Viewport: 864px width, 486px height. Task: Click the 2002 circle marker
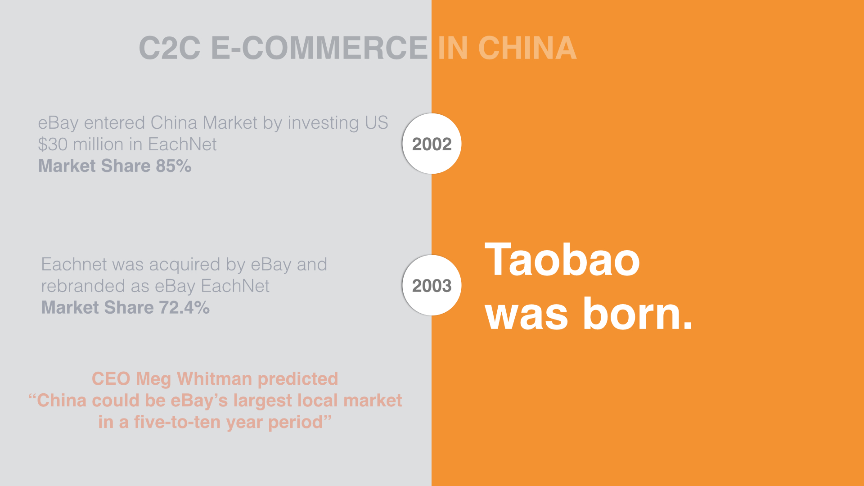[x=432, y=144]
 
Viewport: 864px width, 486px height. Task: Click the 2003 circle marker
[x=432, y=285]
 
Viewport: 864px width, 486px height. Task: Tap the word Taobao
[x=562, y=260]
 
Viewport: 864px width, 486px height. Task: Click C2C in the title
[x=170, y=48]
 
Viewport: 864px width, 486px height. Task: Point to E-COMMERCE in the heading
[x=319, y=48]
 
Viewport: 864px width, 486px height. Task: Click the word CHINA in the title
[x=527, y=48]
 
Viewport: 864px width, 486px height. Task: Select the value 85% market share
[x=174, y=166]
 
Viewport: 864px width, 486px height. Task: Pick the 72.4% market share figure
[x=184, y=308]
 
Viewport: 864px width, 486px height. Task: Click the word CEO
[x=111, y=379]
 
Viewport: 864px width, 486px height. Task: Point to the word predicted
[x=298, y=379]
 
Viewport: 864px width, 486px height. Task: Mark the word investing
[x=323, y=123]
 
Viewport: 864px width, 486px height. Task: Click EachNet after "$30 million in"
[x=182, y=144]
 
